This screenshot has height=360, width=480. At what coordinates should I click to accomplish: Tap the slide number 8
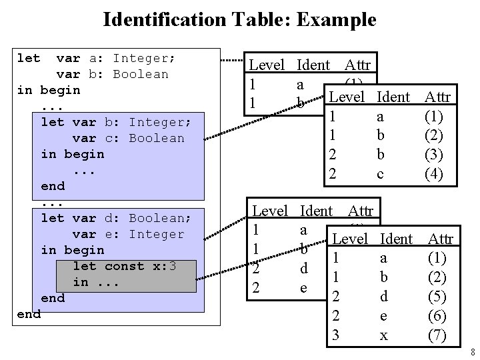(471, 352)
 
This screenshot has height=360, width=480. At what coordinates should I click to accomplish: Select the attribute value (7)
(437, 335)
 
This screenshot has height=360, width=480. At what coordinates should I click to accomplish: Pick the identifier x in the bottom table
(383, 335)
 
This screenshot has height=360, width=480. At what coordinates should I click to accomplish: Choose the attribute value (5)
(437, 296)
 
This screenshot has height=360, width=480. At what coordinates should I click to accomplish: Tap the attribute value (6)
(437, 315)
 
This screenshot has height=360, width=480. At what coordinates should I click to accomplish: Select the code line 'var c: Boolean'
(129, 138)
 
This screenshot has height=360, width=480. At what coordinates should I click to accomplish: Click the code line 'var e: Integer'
(129, 234)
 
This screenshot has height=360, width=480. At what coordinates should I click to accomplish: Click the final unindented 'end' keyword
(28, 314)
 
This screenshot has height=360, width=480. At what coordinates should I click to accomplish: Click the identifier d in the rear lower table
(303, 270)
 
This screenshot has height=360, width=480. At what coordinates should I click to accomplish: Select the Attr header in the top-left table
(359, 65)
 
